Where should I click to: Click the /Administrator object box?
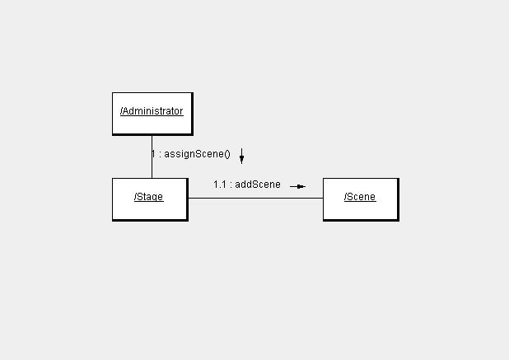click(152, 114)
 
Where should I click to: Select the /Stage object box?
click(150, 199)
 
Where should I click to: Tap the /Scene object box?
click(361, 199)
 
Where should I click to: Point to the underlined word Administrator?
click(153, 111)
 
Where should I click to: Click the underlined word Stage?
click(150, 197)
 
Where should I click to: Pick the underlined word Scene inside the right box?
click(362, 197)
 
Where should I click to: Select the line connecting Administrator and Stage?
click(152, 157)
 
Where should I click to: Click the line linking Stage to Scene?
click(256, 198)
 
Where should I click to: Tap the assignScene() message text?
click(197, 154)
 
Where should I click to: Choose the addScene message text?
click(258, 185)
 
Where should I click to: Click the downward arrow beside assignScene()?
click(241, 157)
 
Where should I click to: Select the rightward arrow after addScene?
click(297, 187)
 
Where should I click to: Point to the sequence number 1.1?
click(220, 185)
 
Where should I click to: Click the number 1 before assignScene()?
click(153, 153)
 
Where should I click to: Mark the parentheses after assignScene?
click(227, 154)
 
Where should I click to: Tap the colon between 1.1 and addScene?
click(231, 185)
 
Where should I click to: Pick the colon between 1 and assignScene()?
click(160, 154)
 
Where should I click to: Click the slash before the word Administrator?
click(121, 111)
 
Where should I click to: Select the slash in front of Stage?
click(135, 197)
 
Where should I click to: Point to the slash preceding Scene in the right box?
click(345, 197)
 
